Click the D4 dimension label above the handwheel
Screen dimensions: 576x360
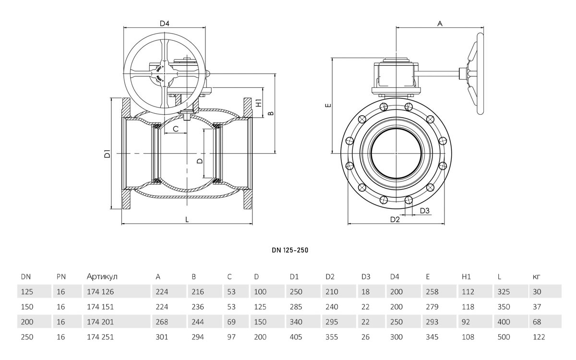point(165,24)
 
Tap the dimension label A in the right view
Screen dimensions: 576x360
point(440,24)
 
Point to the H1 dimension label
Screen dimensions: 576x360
point(259,103)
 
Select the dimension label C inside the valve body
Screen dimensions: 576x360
point(176,129)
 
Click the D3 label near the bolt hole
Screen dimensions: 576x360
point(425,211)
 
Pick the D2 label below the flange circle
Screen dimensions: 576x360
point(395,219)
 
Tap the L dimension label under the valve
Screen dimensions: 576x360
point(187,220)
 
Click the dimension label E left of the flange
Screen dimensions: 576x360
point(328,105)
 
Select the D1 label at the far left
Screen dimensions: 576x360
point(107,154)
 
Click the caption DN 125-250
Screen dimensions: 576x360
point(290,250)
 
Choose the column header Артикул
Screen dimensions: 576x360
point(102,276)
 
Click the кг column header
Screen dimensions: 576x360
point(537,277)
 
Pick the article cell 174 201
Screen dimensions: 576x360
point(100,322)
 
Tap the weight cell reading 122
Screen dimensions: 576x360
point(539,337)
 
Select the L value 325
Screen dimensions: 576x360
point(504,292)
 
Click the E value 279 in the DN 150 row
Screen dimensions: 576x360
point(432,307)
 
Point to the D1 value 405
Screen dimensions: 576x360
point(296,337)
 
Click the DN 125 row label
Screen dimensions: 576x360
point(27,292)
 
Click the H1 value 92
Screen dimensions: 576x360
point(466,322)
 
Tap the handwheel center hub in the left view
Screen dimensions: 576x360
point(165,73)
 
